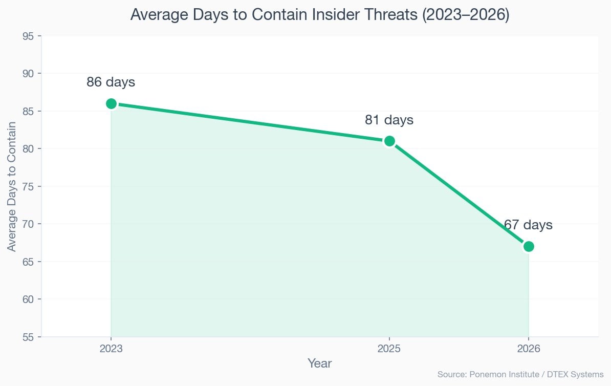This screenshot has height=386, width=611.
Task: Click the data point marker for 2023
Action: (x=111, y=103)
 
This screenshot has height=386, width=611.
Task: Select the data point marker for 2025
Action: (x=389, y=141)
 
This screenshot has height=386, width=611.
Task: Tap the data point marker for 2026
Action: (x=529, y=246)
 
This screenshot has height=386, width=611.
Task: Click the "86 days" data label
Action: (x=111, y=82)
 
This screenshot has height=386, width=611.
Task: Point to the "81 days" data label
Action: (x=389, y=120)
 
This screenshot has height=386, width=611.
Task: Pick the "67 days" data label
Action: (x=528, y=225)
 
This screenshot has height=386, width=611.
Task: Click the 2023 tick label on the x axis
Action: (x=111, y=349)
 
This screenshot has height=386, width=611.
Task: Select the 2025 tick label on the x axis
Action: (x=389, y=349)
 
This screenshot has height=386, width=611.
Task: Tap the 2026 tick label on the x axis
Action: (x=529, y=349)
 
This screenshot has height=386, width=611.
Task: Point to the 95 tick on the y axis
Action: (x=29, y=36)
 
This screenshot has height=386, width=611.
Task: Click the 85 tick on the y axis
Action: (x=29, y=112)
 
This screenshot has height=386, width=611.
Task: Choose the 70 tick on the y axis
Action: (x=29, y=224)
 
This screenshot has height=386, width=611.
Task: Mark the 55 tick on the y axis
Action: (x=29, y=337)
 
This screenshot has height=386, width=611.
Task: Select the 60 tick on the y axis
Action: (x=29, y=299)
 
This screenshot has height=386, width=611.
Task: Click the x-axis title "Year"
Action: (x=320, y=363)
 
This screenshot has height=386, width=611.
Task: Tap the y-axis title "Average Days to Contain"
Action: (x=12, y=187)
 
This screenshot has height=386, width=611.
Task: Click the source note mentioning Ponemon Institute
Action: (x=520, y=375)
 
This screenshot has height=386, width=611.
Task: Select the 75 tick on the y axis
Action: (x=29, y=187)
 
